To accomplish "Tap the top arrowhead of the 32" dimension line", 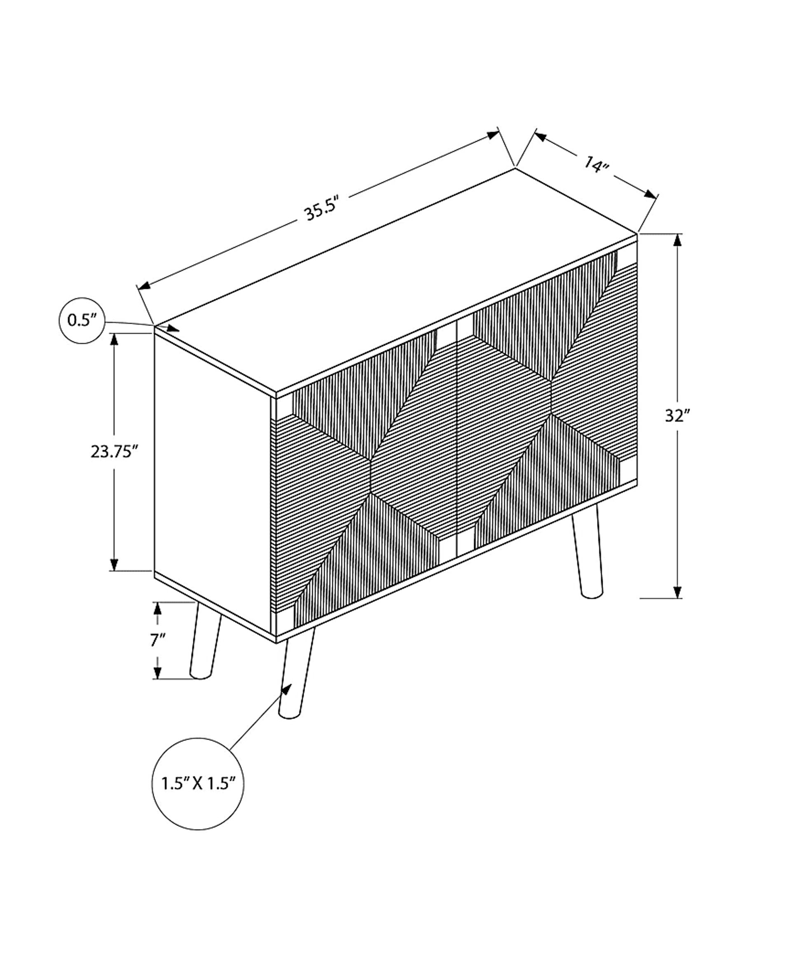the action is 678,241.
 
